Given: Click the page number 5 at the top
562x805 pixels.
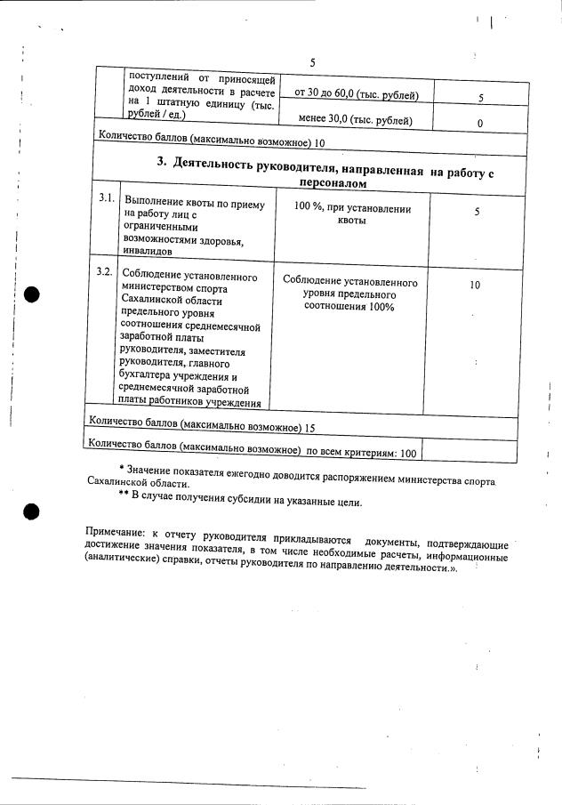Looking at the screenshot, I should click(x=312, y=62).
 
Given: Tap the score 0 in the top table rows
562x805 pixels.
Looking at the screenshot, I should click(x=479, y=124).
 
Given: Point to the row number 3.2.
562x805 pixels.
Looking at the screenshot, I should click(x=104, y=271).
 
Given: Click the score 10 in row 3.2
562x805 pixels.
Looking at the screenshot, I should click(x=475, y=286).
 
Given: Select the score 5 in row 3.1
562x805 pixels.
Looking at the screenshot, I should click(x=477, y=213).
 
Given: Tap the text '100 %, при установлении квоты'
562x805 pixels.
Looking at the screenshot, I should click(x=352, y=214).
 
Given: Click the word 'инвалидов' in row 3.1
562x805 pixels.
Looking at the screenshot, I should click(x=148, y=251).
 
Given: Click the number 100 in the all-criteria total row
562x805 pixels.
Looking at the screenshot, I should click(x=407, y=454).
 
